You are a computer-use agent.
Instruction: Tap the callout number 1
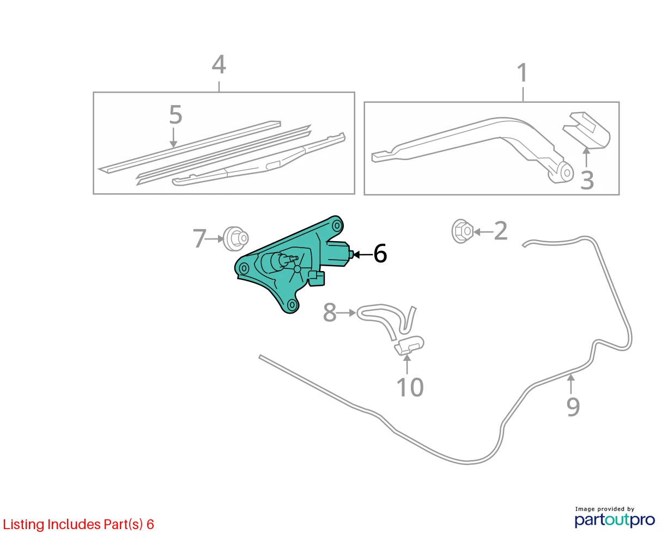tap(523, 73)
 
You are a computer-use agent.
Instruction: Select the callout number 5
tap(175, 114)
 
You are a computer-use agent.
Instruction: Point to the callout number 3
tap(587, 180)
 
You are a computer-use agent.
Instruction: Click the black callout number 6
tap(380, 254)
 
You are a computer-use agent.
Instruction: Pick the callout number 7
tap(199, 239)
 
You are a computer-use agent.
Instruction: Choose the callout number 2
tap(500, 231)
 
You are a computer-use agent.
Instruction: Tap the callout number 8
tap(330, 312)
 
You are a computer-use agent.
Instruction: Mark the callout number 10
tap(410, 388)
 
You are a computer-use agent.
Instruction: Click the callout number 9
tap(573, 407)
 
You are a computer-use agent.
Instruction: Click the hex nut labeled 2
tap(462, 231)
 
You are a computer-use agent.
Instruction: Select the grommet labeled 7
tap(235, 238)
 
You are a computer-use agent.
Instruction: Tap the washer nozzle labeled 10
tap(409, 346)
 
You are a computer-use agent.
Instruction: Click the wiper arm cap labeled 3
tap(586, 130)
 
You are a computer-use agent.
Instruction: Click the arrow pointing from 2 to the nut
tap(483, 232)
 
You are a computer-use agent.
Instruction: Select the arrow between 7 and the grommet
tap(215, 239)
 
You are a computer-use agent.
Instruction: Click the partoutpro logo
tap(614, 520)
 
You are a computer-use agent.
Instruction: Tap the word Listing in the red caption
tap(23, 525)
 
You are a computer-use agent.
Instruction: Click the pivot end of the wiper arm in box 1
tap(562, 173)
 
